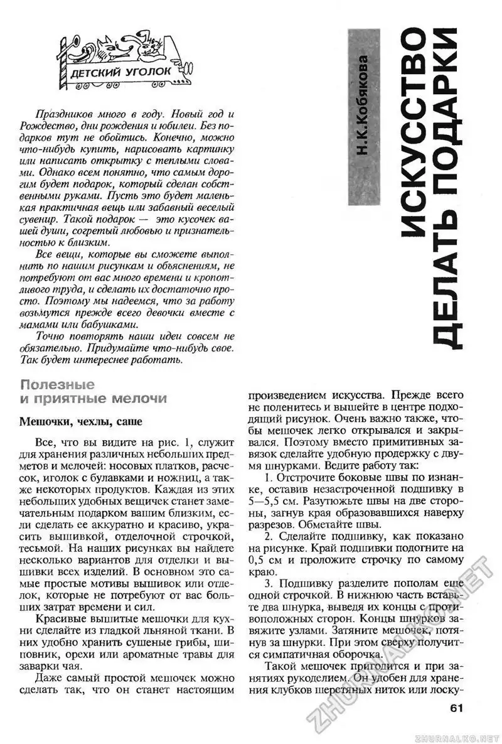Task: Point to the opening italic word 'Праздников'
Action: (x=61, y=116)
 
